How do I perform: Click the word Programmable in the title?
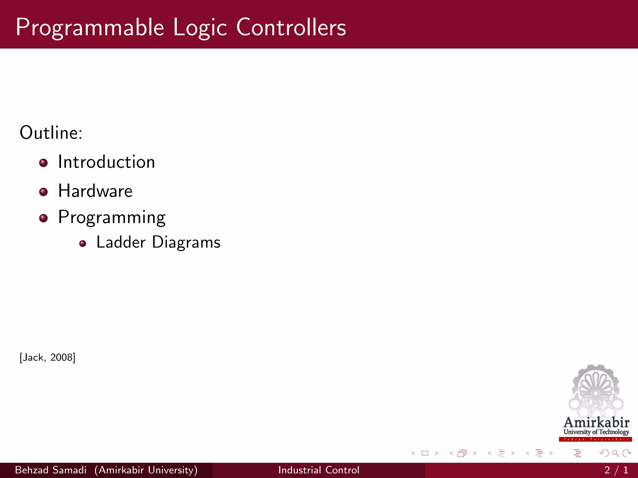pos(90,28)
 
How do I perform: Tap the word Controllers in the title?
pos(291,27)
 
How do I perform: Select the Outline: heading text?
pos(51,133)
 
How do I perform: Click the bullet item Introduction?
pos(106,162)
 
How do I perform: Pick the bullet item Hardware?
pos(95,191)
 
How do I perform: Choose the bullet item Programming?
pos(112,217)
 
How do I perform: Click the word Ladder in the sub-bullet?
pos(121,242)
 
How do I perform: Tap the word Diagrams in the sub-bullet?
pos(186,242)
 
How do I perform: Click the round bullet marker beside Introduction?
pos(43,163)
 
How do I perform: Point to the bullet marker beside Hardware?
pos(43,192)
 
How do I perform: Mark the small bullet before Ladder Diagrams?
pos(83,244)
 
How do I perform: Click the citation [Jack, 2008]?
pos(47,357)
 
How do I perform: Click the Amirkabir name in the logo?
pos(596,423)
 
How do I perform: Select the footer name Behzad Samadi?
pos(50,470)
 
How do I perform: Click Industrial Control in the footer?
pos(319,470)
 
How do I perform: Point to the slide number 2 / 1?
pos(616,470)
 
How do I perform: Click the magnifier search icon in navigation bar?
pos(615,453)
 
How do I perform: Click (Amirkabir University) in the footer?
pos(146,470)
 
